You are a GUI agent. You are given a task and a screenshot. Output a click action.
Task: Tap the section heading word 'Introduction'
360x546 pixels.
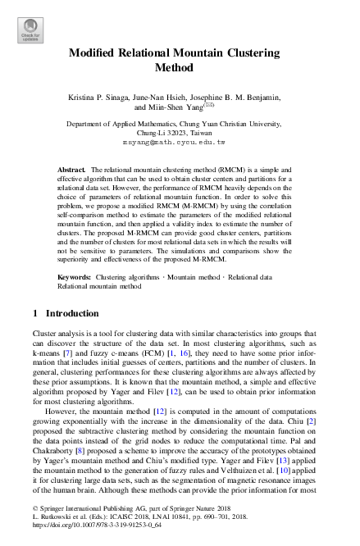73,313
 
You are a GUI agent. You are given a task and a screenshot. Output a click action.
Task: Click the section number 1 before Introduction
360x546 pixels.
35,313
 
